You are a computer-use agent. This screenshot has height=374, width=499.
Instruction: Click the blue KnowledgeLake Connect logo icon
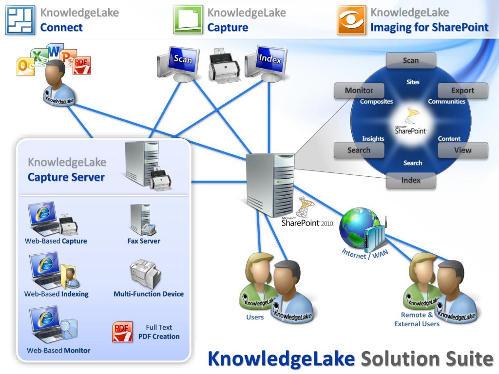[20, 20]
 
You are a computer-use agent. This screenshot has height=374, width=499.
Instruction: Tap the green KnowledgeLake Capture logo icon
[188, 20]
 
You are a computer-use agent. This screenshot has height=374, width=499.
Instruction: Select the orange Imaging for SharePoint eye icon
[351, 20]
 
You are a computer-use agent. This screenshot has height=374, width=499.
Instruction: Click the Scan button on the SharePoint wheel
[411, 60]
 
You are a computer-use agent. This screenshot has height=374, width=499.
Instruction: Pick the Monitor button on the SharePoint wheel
[359, 91]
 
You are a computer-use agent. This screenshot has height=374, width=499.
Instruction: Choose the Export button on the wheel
[462, 91]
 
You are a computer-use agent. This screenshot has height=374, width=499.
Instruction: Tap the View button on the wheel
[462, 150]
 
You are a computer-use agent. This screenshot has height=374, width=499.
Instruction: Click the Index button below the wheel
[411, 180]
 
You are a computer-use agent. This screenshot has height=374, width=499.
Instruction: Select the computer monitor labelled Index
[266, 62]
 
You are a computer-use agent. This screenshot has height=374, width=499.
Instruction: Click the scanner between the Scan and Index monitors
[224, 66]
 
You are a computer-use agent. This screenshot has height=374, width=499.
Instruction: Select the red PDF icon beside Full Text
[122, 332]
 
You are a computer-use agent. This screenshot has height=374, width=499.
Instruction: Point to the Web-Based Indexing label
[57, 294]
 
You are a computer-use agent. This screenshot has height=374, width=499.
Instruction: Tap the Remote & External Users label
[417, 319]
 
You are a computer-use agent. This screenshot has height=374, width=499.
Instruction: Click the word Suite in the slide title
[468, 359]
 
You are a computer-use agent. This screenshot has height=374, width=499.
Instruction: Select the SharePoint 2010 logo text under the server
[307, 223]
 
